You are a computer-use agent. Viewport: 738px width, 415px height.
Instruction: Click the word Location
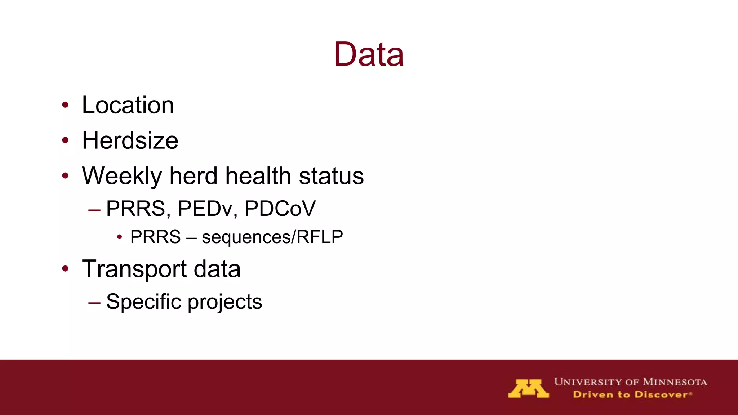[128, 105]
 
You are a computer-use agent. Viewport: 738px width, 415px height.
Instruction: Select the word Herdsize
[130, 140]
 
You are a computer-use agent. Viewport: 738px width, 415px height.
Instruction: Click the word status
[331, 176]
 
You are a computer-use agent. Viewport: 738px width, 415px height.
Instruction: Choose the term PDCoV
[280, 208]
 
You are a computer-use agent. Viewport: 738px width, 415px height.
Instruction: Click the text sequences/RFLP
[272, 237]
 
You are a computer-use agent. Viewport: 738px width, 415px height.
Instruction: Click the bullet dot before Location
[65, 105]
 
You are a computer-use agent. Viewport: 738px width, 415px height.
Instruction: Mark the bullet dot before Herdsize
[65, 140]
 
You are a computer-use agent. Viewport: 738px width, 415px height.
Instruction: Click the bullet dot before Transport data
[65, 269]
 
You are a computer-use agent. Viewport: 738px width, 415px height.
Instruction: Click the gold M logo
[528, 388]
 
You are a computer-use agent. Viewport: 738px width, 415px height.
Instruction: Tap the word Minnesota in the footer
[675, 382]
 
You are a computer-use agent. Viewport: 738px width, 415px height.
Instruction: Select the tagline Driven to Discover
[632, 394]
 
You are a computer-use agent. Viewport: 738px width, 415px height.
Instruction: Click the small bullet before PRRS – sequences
[120, 237]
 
